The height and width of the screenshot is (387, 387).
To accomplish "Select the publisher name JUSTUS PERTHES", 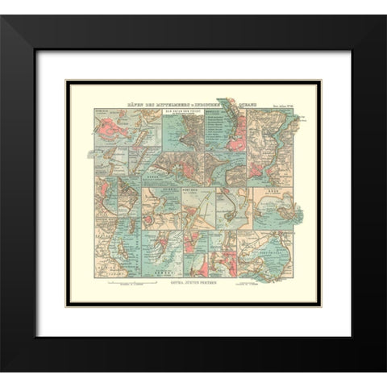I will [x=203, y=282].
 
